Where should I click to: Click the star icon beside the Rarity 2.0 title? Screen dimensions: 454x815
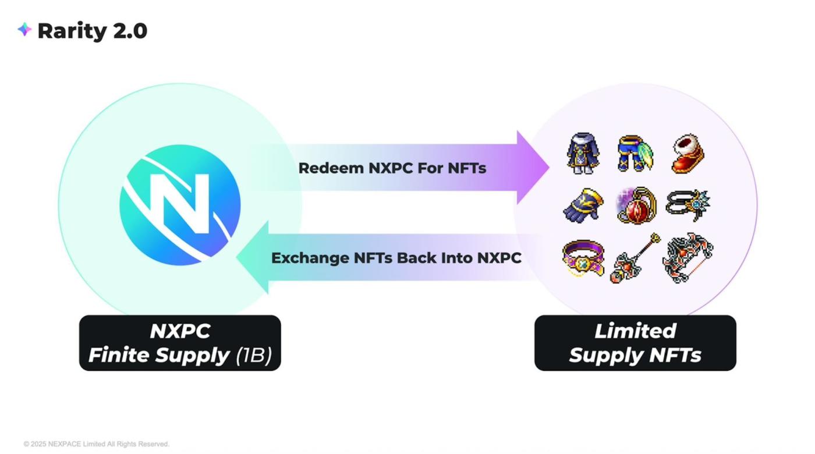pos(24,30)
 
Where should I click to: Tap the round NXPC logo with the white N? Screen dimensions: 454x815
pos(180,205)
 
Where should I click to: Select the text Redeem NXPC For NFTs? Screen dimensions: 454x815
pos(392,168)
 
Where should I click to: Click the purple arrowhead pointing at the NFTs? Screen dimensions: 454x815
pos(532,168)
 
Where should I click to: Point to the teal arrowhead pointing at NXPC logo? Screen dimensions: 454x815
pos(253,257)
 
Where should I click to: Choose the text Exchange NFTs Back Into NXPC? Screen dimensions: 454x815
pos(396,258)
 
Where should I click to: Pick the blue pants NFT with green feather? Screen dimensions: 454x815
pos(635,154)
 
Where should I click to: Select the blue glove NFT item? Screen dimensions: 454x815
pos(583,205)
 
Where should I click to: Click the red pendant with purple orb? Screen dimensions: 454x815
pos(636,205)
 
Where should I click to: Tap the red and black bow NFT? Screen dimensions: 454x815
pos(688,258)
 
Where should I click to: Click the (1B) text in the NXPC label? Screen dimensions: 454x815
pos(254,355)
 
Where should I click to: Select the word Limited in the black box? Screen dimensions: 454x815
pos(635,331)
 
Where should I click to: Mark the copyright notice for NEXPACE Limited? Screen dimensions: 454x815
pos(97,444)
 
